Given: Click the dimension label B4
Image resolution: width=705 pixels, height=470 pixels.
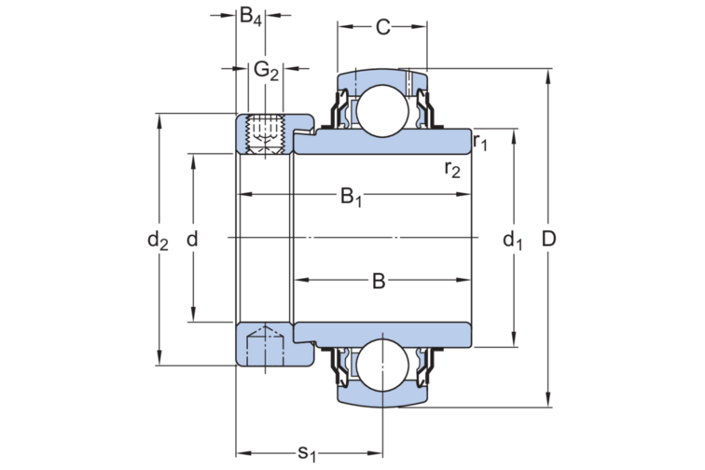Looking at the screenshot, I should (251, 16).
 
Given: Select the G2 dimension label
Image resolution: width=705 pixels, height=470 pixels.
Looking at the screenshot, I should (266, 70).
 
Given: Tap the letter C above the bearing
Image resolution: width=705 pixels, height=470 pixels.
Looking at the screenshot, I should (382, 27).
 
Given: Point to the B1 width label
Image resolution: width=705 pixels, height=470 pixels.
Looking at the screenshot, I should (352, 197).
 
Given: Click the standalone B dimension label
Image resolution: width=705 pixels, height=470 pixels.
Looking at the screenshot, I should (378, 280).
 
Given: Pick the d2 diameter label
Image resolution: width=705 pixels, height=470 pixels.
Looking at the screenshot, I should (158, 241).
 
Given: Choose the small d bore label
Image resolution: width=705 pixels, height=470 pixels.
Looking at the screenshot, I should (193, 240).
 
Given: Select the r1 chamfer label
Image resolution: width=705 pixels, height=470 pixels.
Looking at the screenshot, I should (481, 142).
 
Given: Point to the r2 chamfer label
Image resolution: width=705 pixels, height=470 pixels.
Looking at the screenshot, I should (452, 169).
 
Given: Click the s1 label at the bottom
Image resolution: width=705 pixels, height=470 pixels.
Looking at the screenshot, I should (307, 452).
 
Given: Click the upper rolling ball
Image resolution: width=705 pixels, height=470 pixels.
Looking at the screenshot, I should (381, 106).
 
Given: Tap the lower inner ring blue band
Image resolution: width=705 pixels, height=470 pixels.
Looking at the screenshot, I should (392, 332).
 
